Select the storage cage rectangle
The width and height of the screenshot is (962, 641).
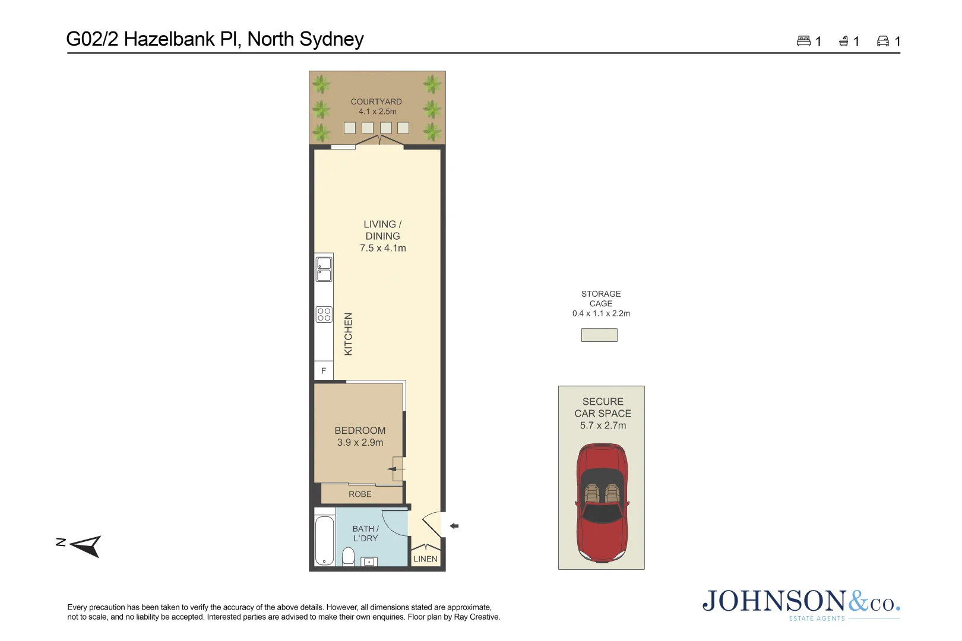pos(599,335)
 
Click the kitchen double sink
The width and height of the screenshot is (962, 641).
pos(324,269)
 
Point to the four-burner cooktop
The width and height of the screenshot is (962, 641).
pos(324,315)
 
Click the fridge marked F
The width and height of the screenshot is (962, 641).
pos(324,370)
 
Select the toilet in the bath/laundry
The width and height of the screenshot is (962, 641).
pos(349,556)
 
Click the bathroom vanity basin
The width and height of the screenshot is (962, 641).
pos(369,561)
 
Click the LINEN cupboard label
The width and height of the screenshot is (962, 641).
pos(425,559)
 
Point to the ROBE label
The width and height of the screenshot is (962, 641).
pos(360,494)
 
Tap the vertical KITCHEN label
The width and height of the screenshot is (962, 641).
pos(349,334)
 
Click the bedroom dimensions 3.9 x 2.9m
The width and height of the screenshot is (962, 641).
pos(360,443)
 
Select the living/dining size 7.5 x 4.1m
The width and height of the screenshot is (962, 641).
pos(382,248)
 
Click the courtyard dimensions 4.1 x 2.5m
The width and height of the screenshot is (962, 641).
pos(377,112)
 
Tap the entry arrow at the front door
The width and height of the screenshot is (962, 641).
pos(454,526)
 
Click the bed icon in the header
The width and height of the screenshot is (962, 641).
pos(803,41)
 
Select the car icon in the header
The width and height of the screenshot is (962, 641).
pos(883,41)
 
